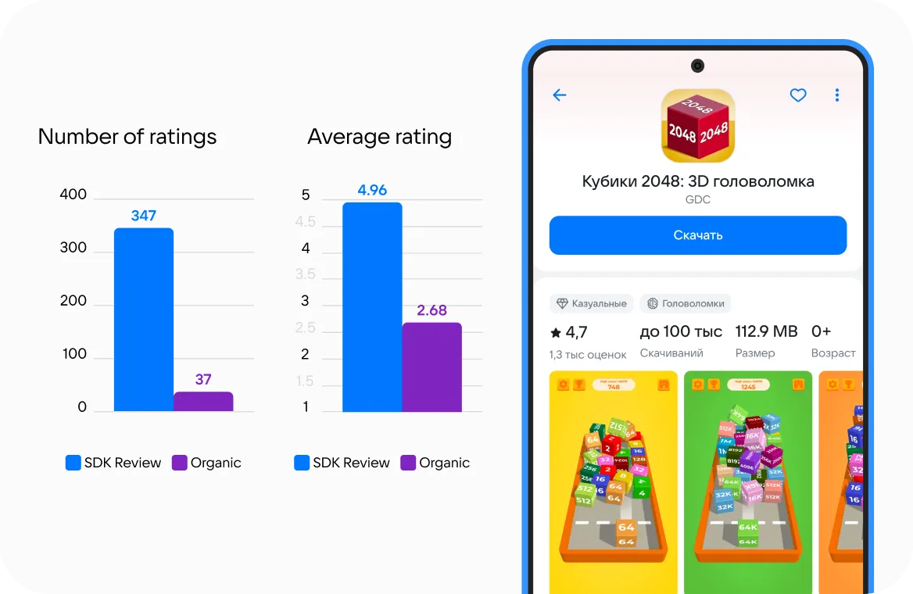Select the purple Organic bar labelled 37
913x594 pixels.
tap(203, 402)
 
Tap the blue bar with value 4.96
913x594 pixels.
tap(372, 306)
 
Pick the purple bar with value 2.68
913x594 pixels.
tap(431, 367)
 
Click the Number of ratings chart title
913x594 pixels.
tap(127, 137)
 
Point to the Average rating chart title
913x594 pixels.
tap(380, 137)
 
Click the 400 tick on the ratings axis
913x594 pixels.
tap(73, 195)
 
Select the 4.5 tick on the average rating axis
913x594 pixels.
tap(305, 222)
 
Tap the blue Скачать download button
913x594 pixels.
tap(697, 235)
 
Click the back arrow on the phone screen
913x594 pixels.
tap(560, 95)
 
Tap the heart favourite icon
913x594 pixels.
tap(797, 95)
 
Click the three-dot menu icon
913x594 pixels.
tap(837, 95)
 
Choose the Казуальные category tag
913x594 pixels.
tap(592, 303)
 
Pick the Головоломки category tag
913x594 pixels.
tap(685, 303)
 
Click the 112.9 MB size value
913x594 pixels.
tap(766, 331)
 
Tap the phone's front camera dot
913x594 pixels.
tap(697, 66)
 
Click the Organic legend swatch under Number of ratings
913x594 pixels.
tap(180, 463)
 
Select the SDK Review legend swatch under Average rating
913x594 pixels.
tap(302, 463)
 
